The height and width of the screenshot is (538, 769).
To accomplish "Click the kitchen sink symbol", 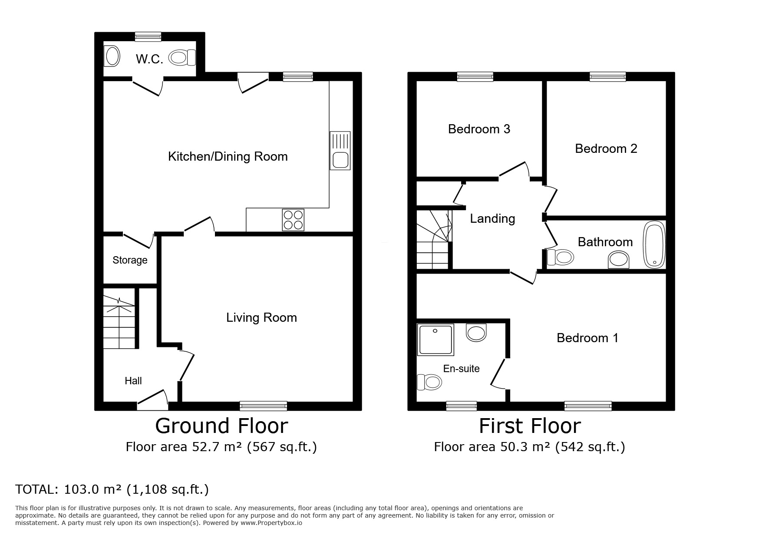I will tap(340, 150).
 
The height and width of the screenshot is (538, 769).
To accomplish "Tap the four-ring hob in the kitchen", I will tap(293, 220).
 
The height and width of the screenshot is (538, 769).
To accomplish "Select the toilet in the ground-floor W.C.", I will tap(182, 57).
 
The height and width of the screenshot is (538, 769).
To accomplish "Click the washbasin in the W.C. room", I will tap(112, 57).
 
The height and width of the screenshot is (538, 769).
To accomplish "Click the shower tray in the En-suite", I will tap(435, 339).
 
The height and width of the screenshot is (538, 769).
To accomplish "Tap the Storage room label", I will tap(130, 260).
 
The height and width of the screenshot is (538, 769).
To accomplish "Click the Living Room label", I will tap(261, 317).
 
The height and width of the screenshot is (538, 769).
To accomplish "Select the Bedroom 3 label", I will tap(479, 129).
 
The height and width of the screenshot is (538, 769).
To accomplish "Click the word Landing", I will tap(492, 218).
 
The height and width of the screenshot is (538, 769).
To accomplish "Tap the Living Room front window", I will tap(264, 406).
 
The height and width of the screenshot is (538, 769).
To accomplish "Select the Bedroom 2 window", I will tap(607, 77).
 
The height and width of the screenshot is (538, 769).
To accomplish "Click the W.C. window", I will tap(148, 36).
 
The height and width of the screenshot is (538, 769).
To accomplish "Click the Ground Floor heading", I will tap(221, 426).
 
